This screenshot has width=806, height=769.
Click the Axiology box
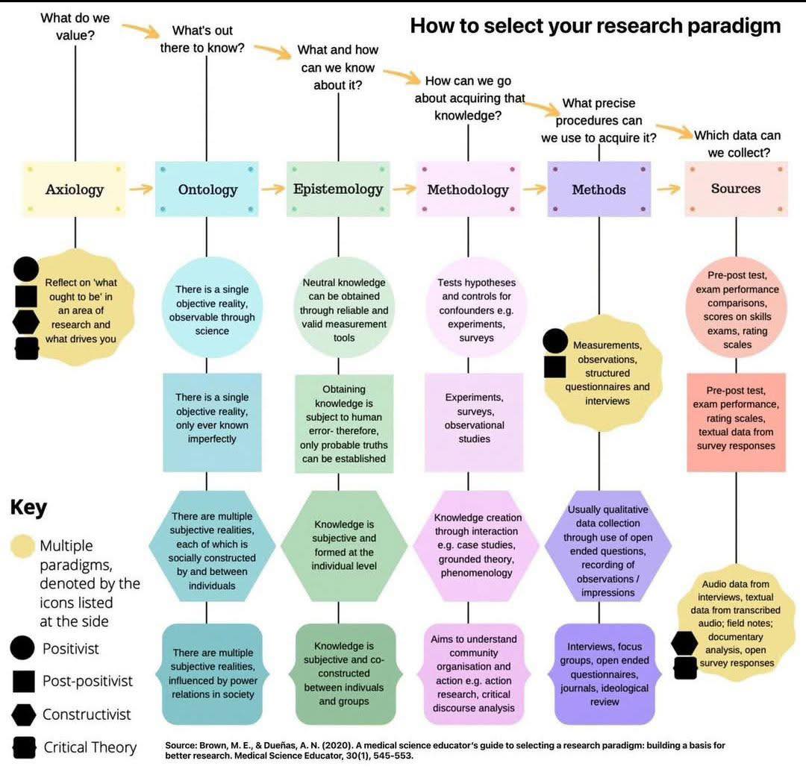click(74, 189)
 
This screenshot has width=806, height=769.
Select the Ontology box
click(207, 189)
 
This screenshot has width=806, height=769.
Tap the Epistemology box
click(338, 189)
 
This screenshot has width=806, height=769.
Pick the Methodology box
click(468, 189)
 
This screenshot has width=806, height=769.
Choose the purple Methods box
click(599, 189)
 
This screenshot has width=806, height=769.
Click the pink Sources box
click(736, 189)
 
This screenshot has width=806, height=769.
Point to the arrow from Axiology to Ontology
click(141, 189)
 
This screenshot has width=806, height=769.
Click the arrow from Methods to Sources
click(668, 189)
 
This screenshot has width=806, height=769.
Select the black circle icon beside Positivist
click(22, 647)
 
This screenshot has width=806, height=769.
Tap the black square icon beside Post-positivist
click(24, 681)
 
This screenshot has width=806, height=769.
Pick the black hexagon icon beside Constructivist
click(24, 715)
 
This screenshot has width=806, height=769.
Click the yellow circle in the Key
click(22, 546)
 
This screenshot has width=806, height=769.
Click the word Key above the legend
click(29, 507)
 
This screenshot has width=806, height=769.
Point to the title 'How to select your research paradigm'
click(596, 25)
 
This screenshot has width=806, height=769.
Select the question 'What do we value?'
click(75, 26)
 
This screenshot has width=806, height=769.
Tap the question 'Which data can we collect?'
click(737, 144)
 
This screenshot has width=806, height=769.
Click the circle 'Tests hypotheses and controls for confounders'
click(476, 308)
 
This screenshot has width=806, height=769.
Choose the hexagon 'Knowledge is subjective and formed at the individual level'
click(344, 545)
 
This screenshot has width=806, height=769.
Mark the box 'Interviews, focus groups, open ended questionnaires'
click(604, 674)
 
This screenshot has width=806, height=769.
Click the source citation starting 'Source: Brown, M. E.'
click(445, 750)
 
